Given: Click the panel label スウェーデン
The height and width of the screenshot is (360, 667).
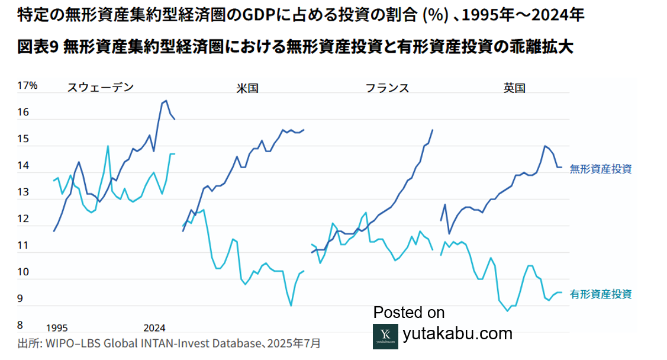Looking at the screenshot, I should [101, 88].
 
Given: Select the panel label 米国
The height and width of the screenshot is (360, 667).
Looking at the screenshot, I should [247, 88].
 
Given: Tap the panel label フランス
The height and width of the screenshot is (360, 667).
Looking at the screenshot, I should [387, 88].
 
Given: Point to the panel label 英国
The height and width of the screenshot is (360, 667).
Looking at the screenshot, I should [514, 88].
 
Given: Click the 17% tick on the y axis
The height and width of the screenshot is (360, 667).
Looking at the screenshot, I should [27, 86].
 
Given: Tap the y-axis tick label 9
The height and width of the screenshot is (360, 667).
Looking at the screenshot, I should [20, 299].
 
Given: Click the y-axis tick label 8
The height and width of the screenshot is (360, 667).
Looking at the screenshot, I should [20, 325].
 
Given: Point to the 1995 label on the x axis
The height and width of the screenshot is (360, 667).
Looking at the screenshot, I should [57, 328].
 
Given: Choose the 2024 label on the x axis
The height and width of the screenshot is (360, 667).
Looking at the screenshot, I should [155, 328].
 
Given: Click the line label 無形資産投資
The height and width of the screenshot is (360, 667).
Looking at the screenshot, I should [601, 169].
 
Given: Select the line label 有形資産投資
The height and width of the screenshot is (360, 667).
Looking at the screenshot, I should [601, 294].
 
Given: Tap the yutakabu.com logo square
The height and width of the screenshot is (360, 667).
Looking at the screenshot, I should [385, 336].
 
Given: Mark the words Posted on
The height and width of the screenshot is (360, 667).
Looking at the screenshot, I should [409, 313].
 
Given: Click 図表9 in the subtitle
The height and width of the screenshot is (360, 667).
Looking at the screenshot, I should [37, 48].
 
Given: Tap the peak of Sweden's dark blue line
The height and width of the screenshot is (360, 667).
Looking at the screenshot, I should [166, 101].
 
